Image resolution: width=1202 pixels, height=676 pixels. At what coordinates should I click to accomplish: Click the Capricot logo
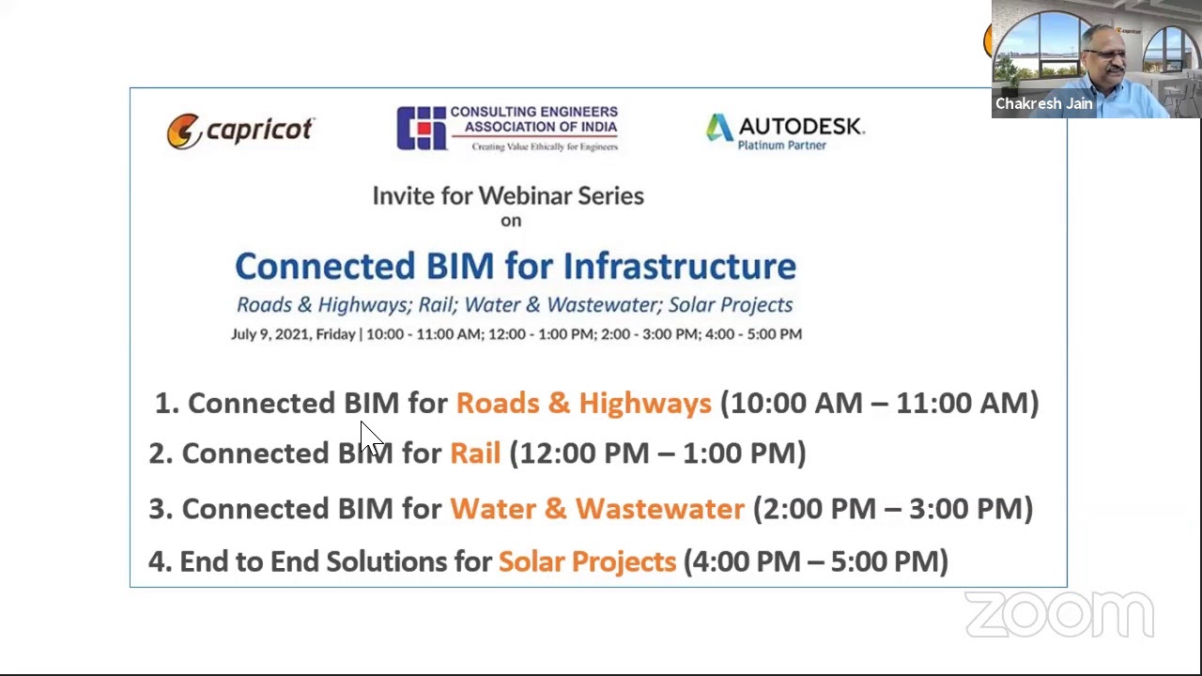click(239, 131)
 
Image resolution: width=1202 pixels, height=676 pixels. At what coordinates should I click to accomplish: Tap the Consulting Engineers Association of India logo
click(507, 129)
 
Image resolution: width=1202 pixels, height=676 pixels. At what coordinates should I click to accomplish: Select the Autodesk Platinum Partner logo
click(784, 131)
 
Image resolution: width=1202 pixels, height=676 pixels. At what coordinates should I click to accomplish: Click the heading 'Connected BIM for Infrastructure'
click(515, 266)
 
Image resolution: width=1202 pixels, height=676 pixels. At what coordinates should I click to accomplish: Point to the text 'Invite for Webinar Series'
click(508, 195)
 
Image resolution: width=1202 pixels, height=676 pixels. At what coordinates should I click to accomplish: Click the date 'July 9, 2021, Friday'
click(293, 334)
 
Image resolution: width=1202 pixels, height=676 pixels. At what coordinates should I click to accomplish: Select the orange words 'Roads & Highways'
click(583, 403)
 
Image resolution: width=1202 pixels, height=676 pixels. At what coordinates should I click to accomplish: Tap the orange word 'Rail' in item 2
click(475, 453)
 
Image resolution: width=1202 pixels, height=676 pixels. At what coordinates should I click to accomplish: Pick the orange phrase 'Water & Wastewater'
click(596, 508)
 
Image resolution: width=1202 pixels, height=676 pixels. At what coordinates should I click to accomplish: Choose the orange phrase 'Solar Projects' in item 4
click(587, 561)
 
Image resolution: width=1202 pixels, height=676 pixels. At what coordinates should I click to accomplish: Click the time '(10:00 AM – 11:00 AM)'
click(879, 403)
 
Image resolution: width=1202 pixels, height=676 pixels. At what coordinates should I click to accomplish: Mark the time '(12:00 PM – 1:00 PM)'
click(657, 453)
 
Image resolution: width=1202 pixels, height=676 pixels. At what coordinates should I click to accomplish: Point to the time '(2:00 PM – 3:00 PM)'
click(892, 508)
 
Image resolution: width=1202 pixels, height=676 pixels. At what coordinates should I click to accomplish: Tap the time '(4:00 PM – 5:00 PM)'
click(815, 561)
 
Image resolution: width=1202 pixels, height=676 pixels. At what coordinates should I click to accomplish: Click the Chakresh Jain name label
click(1043, 103)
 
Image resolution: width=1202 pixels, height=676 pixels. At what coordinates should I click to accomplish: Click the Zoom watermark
click(1059, 615)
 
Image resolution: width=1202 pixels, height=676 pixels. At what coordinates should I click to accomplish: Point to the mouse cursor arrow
click(368, 437)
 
